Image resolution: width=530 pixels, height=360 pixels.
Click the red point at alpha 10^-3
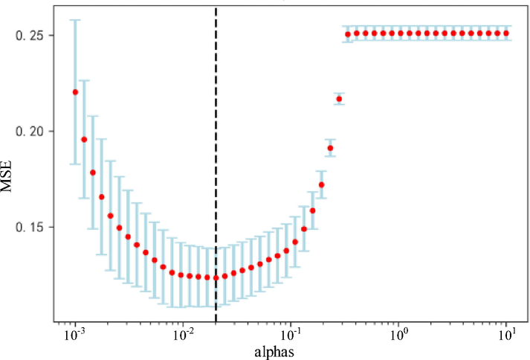tap(75, 92)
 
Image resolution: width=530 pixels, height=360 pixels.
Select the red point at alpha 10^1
tap(506, 33)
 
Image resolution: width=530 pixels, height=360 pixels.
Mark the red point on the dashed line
tap(216, 278)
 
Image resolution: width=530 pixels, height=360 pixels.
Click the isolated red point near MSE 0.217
tap(339, 99)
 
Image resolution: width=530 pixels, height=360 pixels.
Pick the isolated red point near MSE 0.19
tap(330, 148)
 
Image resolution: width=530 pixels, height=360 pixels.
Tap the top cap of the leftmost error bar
tap(75, 20)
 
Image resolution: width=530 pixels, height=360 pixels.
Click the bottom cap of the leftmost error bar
tap(75, 164)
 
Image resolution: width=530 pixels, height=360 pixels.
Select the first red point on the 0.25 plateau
tap(348, 34)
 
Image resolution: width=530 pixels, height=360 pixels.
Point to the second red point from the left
tap(84, 139)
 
